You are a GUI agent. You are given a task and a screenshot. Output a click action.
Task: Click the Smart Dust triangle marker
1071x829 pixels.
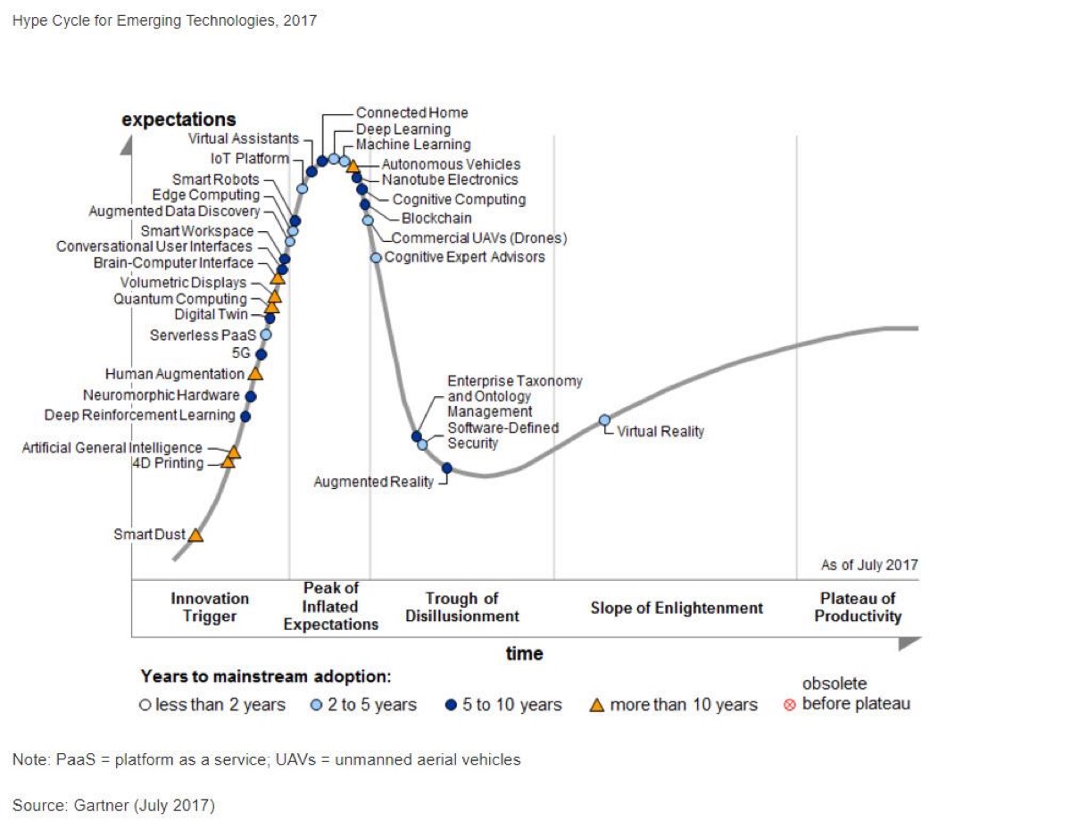tap(195, 535)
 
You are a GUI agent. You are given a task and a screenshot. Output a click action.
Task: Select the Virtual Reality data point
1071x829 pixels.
tap(604, 419)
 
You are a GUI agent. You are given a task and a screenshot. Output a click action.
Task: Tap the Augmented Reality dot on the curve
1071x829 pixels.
tap(447, 468)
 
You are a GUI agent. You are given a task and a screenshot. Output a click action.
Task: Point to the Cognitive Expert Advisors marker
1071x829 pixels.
tap(377, 257)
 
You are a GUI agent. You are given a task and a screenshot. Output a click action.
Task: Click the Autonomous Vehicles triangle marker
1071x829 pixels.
tap(353, 166)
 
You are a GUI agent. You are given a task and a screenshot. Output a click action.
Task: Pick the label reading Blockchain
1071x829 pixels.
tap(436, 219)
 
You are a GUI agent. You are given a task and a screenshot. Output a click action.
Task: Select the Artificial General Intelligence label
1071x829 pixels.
tap(112, 448)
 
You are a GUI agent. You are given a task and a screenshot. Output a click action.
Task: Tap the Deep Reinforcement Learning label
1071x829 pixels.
tap(140, 416)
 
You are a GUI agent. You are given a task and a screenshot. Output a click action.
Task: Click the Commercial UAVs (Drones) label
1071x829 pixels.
tap(479, 238)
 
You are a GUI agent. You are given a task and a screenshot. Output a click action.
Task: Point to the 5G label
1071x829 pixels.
tap(241, 353)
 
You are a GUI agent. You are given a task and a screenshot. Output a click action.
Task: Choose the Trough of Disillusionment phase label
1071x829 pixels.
tap(461, 608)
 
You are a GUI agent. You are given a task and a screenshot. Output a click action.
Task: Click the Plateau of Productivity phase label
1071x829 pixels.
tap(858, 608)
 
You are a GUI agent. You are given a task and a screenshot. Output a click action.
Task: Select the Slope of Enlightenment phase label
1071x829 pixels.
tap(677, 609)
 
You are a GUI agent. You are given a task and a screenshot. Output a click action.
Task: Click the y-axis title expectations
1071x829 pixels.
tap(178, 120)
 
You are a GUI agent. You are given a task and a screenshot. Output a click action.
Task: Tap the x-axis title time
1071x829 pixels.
tap(524, 654)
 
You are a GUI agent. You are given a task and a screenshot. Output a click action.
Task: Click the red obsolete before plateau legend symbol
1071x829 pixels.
tap(789, 705)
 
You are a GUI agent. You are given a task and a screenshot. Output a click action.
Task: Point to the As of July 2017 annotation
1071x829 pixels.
tap(868, 565)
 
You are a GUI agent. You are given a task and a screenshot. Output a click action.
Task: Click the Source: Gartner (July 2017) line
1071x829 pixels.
tap(113, 806)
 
